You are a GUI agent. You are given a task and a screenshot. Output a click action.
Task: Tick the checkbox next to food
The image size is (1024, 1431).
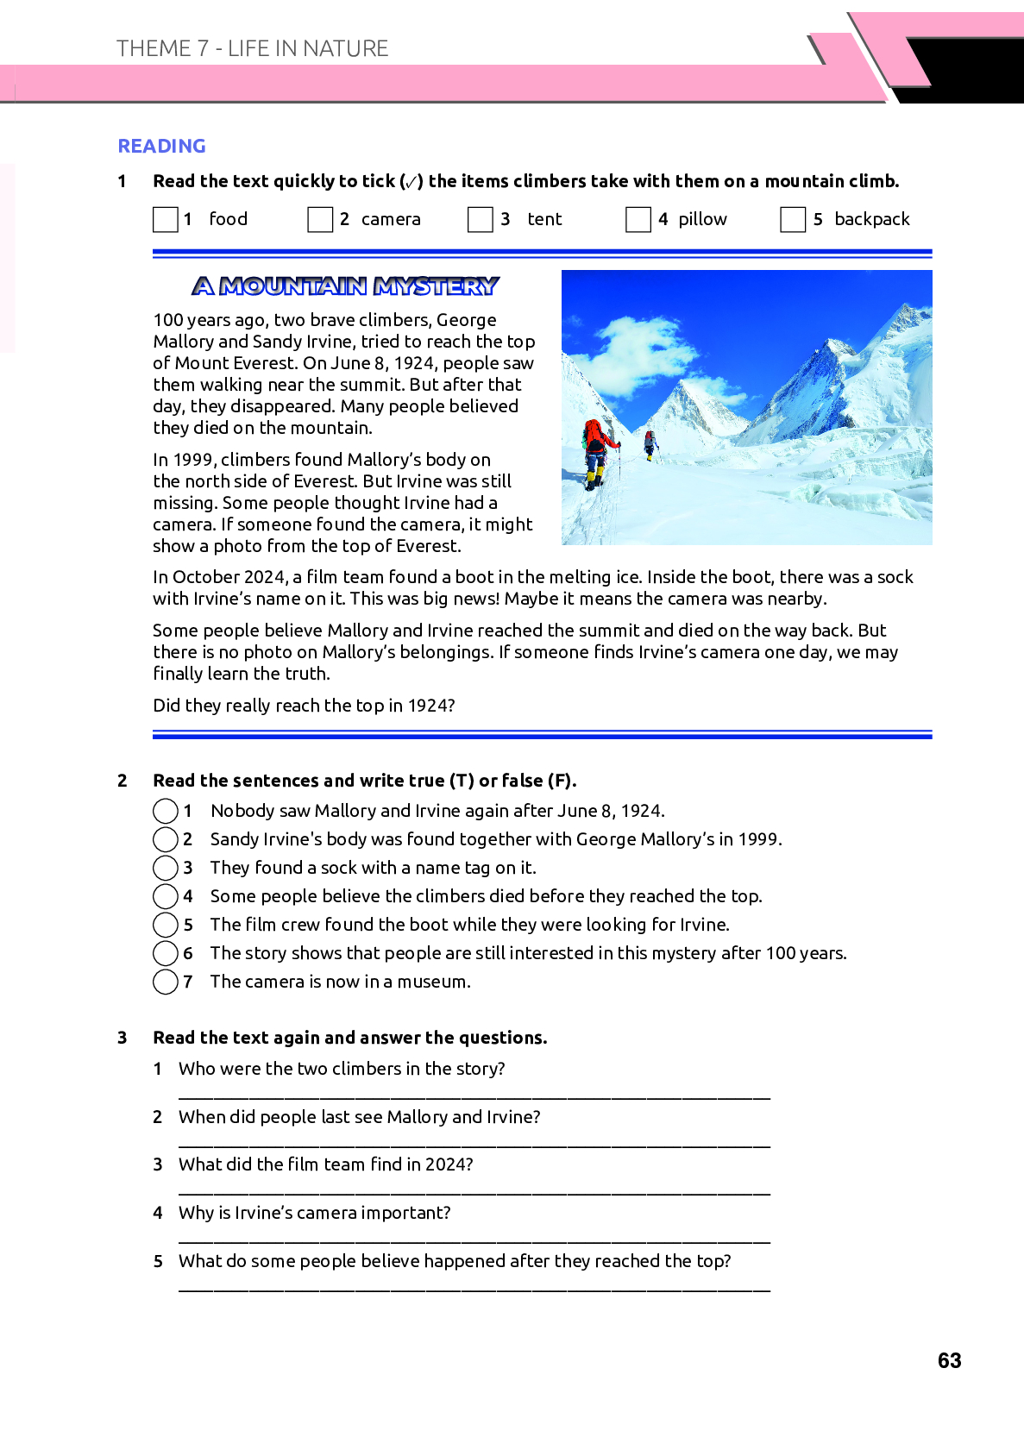point(165,220)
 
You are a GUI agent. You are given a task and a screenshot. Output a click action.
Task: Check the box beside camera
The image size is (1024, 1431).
point(320,220)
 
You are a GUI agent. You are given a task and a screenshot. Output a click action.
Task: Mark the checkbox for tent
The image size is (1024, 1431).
point(480,220)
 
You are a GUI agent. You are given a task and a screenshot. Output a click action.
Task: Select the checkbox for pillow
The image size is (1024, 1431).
point(638,220)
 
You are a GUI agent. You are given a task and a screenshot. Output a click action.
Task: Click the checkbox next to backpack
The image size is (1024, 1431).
point(793,220)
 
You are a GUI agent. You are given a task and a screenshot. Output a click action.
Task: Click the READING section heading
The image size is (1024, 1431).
point(161,146)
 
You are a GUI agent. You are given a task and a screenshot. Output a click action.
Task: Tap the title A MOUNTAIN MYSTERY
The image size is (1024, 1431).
point(346,286)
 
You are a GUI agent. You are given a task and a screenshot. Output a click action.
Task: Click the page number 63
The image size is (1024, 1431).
point(949,1360)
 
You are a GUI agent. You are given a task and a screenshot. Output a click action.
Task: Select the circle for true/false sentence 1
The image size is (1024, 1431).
point(165,811)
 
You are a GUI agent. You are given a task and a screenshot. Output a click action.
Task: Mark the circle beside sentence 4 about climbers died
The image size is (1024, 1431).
point(165,896)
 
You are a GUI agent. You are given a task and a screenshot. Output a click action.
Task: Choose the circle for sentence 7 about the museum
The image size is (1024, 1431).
point(165,982)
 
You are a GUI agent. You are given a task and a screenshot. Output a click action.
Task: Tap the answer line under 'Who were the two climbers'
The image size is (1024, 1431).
point(474,1097)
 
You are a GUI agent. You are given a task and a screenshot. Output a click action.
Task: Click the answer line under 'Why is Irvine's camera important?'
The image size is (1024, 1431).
point(474,1241)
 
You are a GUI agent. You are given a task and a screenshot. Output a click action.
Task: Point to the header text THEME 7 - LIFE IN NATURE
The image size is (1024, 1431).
point(252,48)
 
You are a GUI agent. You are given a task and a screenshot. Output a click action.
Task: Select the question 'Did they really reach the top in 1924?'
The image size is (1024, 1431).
point(304,706)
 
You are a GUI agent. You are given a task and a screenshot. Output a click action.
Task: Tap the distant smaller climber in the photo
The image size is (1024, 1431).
point(650,443)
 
